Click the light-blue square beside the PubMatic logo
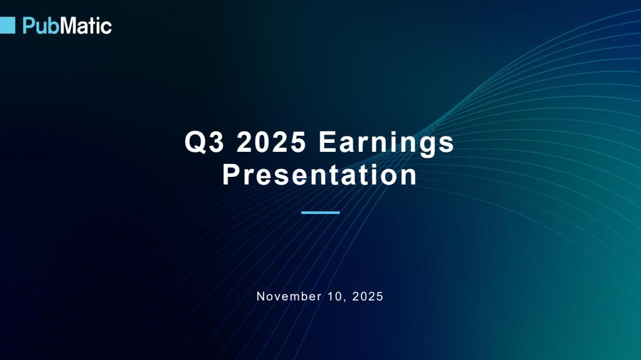click(x=7, y=26)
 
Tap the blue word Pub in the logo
click(x=41, y=26)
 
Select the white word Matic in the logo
click(x=86, y=26)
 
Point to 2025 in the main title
click(x=271, y=142)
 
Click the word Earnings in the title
click(x=387, y=143)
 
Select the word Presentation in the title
click(x=320, y=174)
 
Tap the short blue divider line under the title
click(x=320, y=213)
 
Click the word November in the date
click(x=289, y=296)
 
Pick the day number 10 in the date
click(x=334, y=296)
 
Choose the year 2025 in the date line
click(x=367, y=296)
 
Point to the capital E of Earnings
click(x=328, y=142)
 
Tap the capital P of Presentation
click(x=231, y=174)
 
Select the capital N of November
click(x=260, y=296)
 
